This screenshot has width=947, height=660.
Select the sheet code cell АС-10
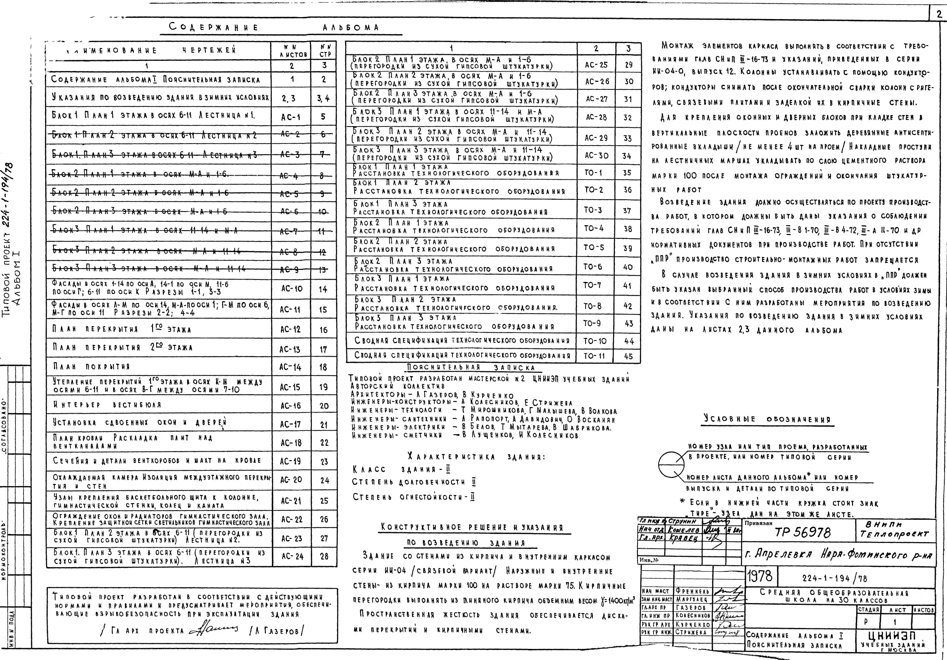point(292,289)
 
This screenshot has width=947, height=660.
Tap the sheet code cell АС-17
point(291,424)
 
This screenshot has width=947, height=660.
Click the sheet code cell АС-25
point(596,65)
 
